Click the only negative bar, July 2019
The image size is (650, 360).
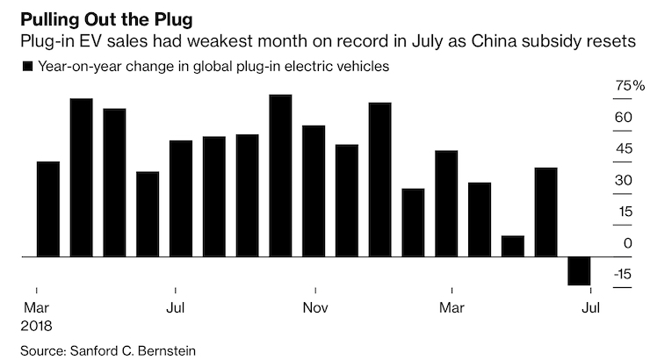579,270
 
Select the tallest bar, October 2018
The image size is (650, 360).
280,176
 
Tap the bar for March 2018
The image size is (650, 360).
48,209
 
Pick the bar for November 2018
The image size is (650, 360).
314,191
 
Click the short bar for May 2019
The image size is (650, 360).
513,246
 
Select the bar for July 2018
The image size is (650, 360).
181,198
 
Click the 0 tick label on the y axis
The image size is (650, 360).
627,243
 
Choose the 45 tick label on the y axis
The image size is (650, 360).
623,148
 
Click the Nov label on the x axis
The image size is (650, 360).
314,308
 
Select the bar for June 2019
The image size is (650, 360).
545,212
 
